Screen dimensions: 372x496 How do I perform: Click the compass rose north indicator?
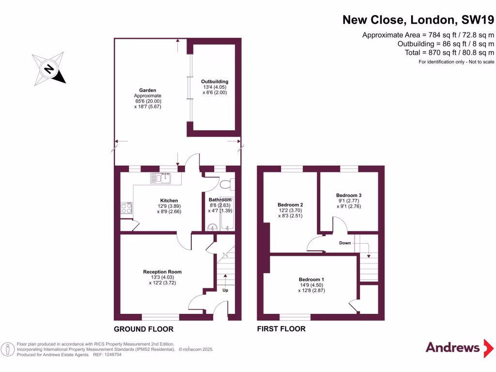pos(49,69)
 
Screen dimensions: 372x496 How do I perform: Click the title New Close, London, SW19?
pos(418,20)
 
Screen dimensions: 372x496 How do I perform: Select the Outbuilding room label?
pos(215,81)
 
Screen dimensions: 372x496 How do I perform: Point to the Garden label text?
pos(147,90)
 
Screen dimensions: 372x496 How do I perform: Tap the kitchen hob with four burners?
pos(126,208)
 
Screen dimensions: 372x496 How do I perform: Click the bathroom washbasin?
pos(211,228)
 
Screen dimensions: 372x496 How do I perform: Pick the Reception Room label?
pos(162,272)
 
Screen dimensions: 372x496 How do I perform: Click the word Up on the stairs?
pos(225,290)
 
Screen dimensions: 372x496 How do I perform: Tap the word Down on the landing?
pos(345,243)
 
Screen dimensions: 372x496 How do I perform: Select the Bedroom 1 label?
pos(311,279)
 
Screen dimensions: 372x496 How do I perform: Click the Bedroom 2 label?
pos(290,204)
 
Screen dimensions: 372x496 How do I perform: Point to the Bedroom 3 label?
pos(349,195)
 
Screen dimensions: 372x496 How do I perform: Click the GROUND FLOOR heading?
pos(143,329)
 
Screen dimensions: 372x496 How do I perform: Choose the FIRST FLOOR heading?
pos(281,329)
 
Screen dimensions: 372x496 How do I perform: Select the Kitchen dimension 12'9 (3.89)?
pos(169,206)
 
